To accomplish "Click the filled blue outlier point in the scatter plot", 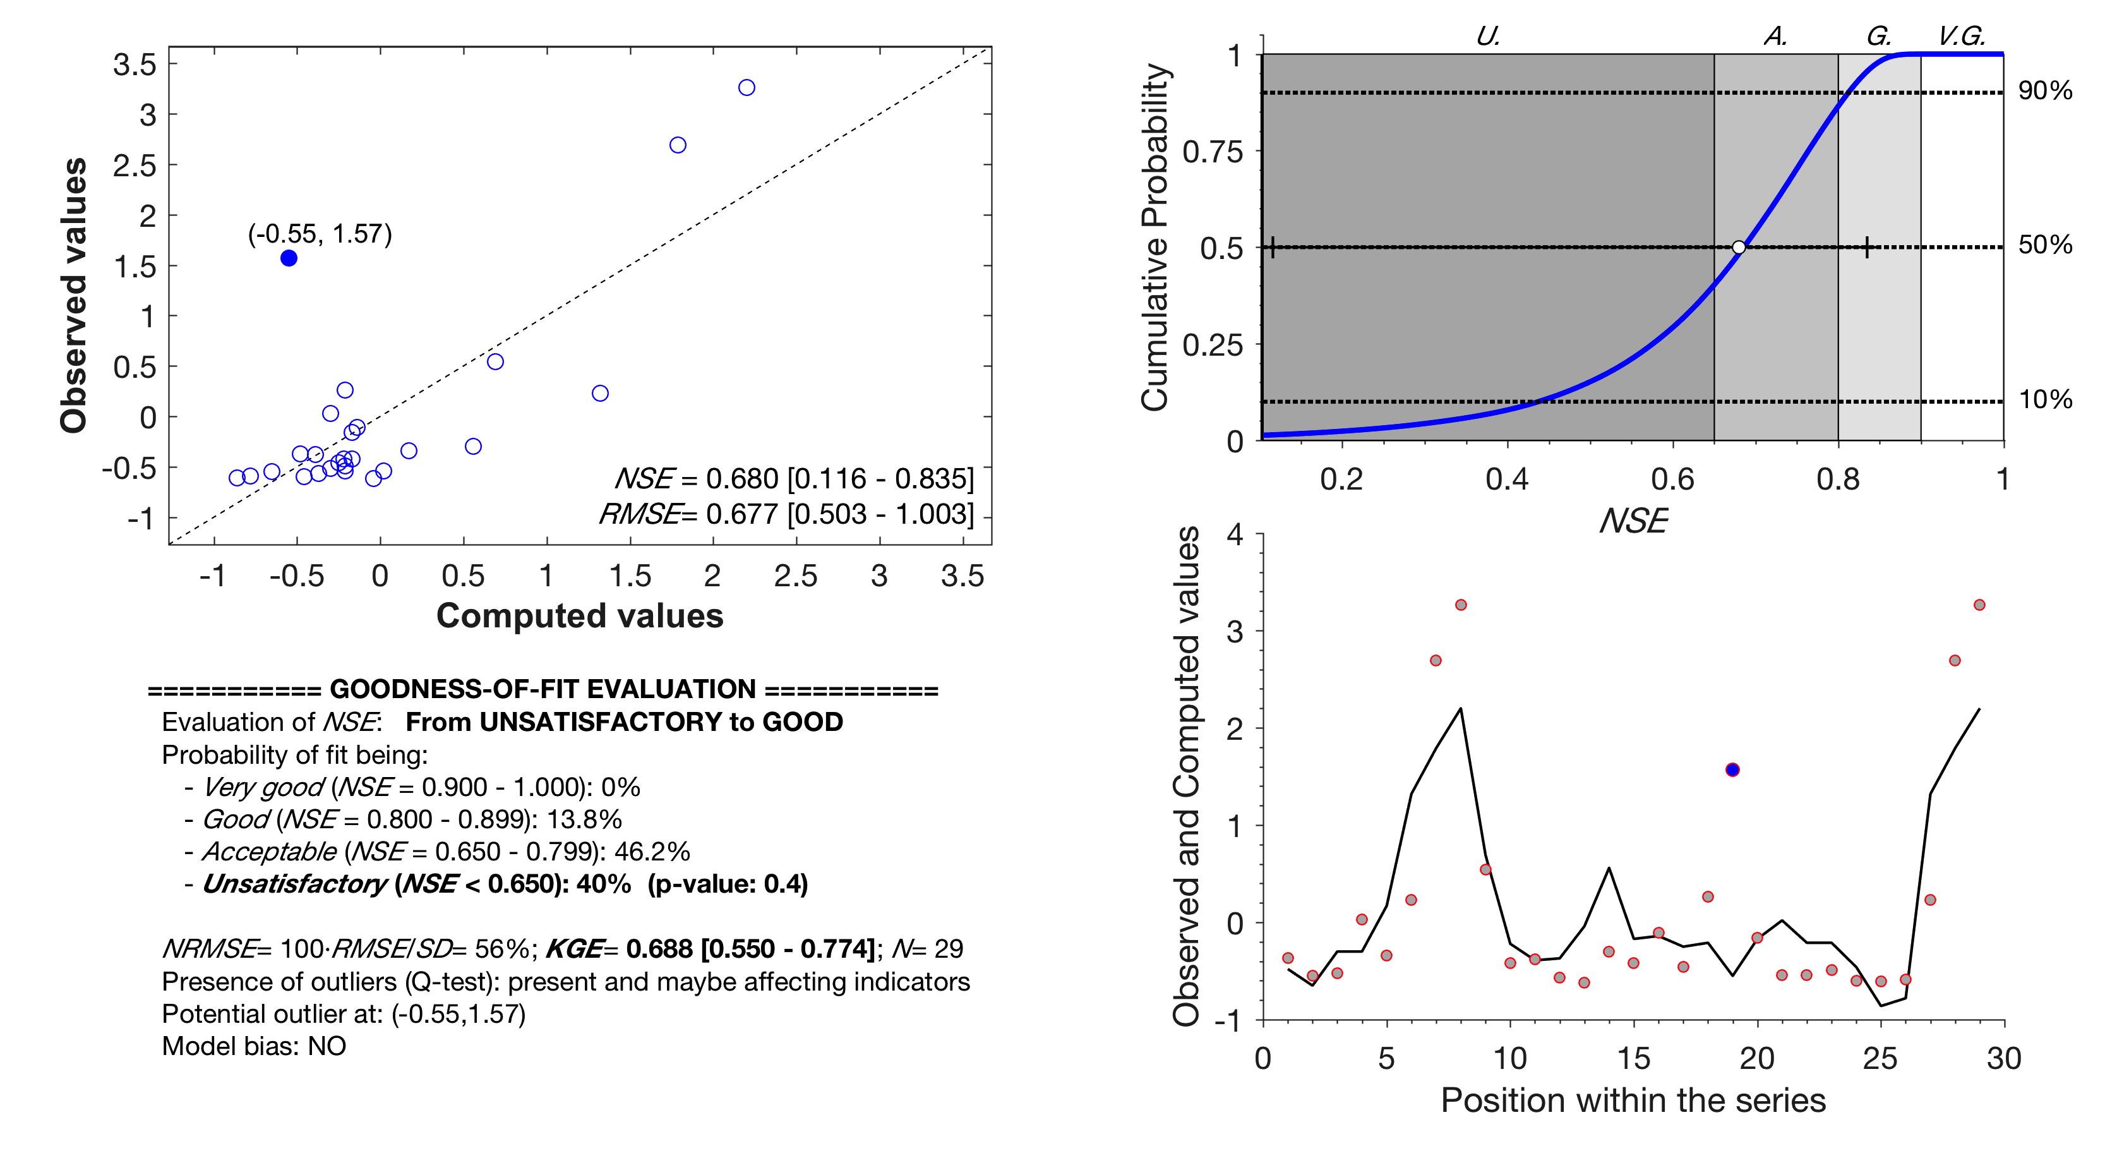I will (289, 258).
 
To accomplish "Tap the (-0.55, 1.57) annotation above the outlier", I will (320, 234).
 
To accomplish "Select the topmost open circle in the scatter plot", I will (746, 87).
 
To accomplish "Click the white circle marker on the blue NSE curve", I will (1739, 248).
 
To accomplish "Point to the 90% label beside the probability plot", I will (2044, 91).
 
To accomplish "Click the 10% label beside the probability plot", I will (2044, 400).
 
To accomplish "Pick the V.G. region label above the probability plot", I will (1961, 36).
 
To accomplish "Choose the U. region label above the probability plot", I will (1488, 36).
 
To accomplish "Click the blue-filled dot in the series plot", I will (1732, 770).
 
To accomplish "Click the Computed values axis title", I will (579, 616).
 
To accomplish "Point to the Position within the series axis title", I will (1633, 1101).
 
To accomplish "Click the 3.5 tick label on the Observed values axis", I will (135, 64).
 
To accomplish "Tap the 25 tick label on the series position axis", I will (1880, 1059).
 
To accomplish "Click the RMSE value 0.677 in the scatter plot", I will (740, 514).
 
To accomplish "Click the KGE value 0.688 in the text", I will (659, 949).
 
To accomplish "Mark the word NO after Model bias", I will (327, 1047).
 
